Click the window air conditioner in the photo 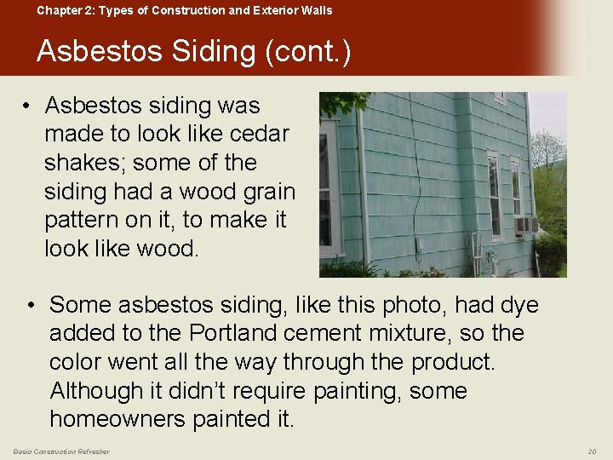point(524,226)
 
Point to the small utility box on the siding point(419,246)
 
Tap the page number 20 point(593,451)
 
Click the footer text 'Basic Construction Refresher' point(61,451)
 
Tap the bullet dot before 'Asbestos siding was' point(28,106)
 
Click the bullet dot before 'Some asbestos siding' point(31,304)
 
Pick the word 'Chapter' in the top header point(57,10)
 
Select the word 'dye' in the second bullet point(518,304)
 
